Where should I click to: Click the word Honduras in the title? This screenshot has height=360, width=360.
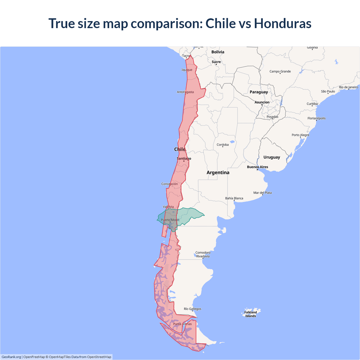click(x=283, y=23)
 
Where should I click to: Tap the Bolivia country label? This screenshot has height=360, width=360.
click(x=218, y=52)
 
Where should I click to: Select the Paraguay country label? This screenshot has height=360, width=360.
click(x=259, y=92)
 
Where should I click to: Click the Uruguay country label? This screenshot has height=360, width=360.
click(x=272, y=157)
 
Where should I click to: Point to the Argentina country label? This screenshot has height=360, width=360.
click(x=218, y=173)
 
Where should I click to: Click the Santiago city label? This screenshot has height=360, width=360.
click(x=184, y=159)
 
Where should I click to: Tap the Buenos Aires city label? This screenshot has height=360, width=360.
click(x=257, y=167)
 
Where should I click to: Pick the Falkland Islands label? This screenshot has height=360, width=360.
click(x=251, y=314)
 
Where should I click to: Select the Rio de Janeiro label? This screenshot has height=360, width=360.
click(x=348, y=87)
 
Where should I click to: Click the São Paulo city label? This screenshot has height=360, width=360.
click(x=328, y=91)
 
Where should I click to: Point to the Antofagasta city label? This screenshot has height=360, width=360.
click(x=185, y=92)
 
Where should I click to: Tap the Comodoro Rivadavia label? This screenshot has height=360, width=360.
click(x=203, y=255)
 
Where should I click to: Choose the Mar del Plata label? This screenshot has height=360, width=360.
click(x=262, y=193)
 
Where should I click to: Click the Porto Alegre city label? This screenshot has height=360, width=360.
click(x=300, y=135)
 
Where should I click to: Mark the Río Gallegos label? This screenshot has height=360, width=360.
click(x=192, y=309)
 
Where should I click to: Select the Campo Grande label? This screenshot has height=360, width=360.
click(x=280, y=71)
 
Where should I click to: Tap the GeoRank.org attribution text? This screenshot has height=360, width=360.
click(x=11, y=357)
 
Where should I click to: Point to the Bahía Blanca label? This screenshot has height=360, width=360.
click(x=234, y=198)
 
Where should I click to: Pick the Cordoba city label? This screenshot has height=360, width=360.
click(x=223, y=145)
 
